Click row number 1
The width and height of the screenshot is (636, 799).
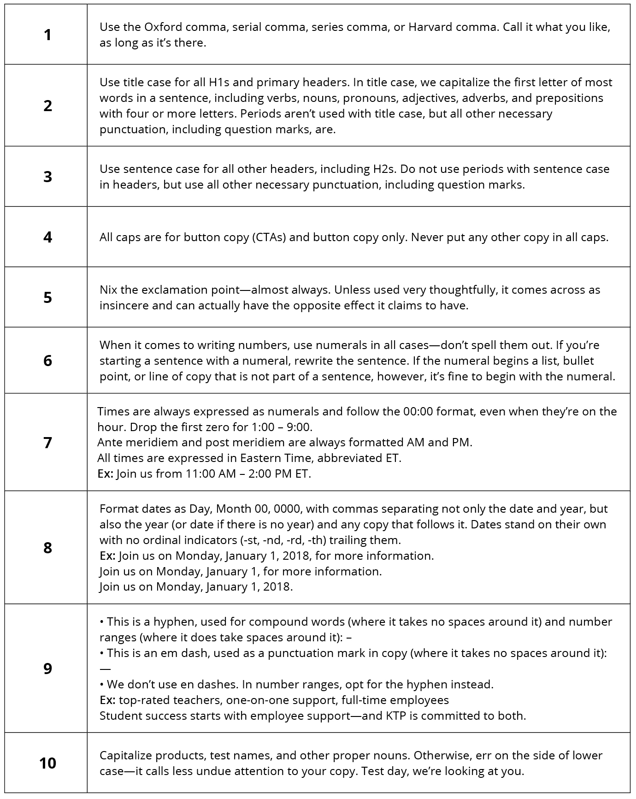pos(47,35)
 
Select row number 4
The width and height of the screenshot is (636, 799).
pos(47,237)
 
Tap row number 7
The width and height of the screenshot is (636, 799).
pos(47,443)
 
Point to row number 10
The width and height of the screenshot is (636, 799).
pos(47,763)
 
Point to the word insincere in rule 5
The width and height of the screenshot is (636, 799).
pos(124,306)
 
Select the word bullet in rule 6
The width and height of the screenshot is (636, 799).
pos(578,361)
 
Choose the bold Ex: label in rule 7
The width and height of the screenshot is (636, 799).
pos(105,474)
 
